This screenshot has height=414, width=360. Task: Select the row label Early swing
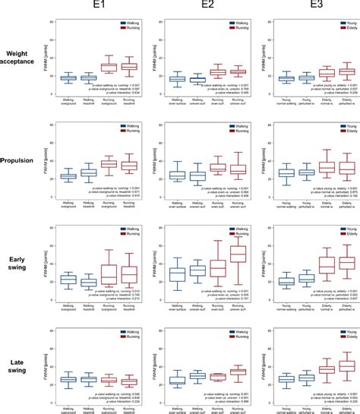pos(21,263)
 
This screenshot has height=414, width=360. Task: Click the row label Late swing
pos(21,363)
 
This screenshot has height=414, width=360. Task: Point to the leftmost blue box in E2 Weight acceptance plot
pos(176,79)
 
